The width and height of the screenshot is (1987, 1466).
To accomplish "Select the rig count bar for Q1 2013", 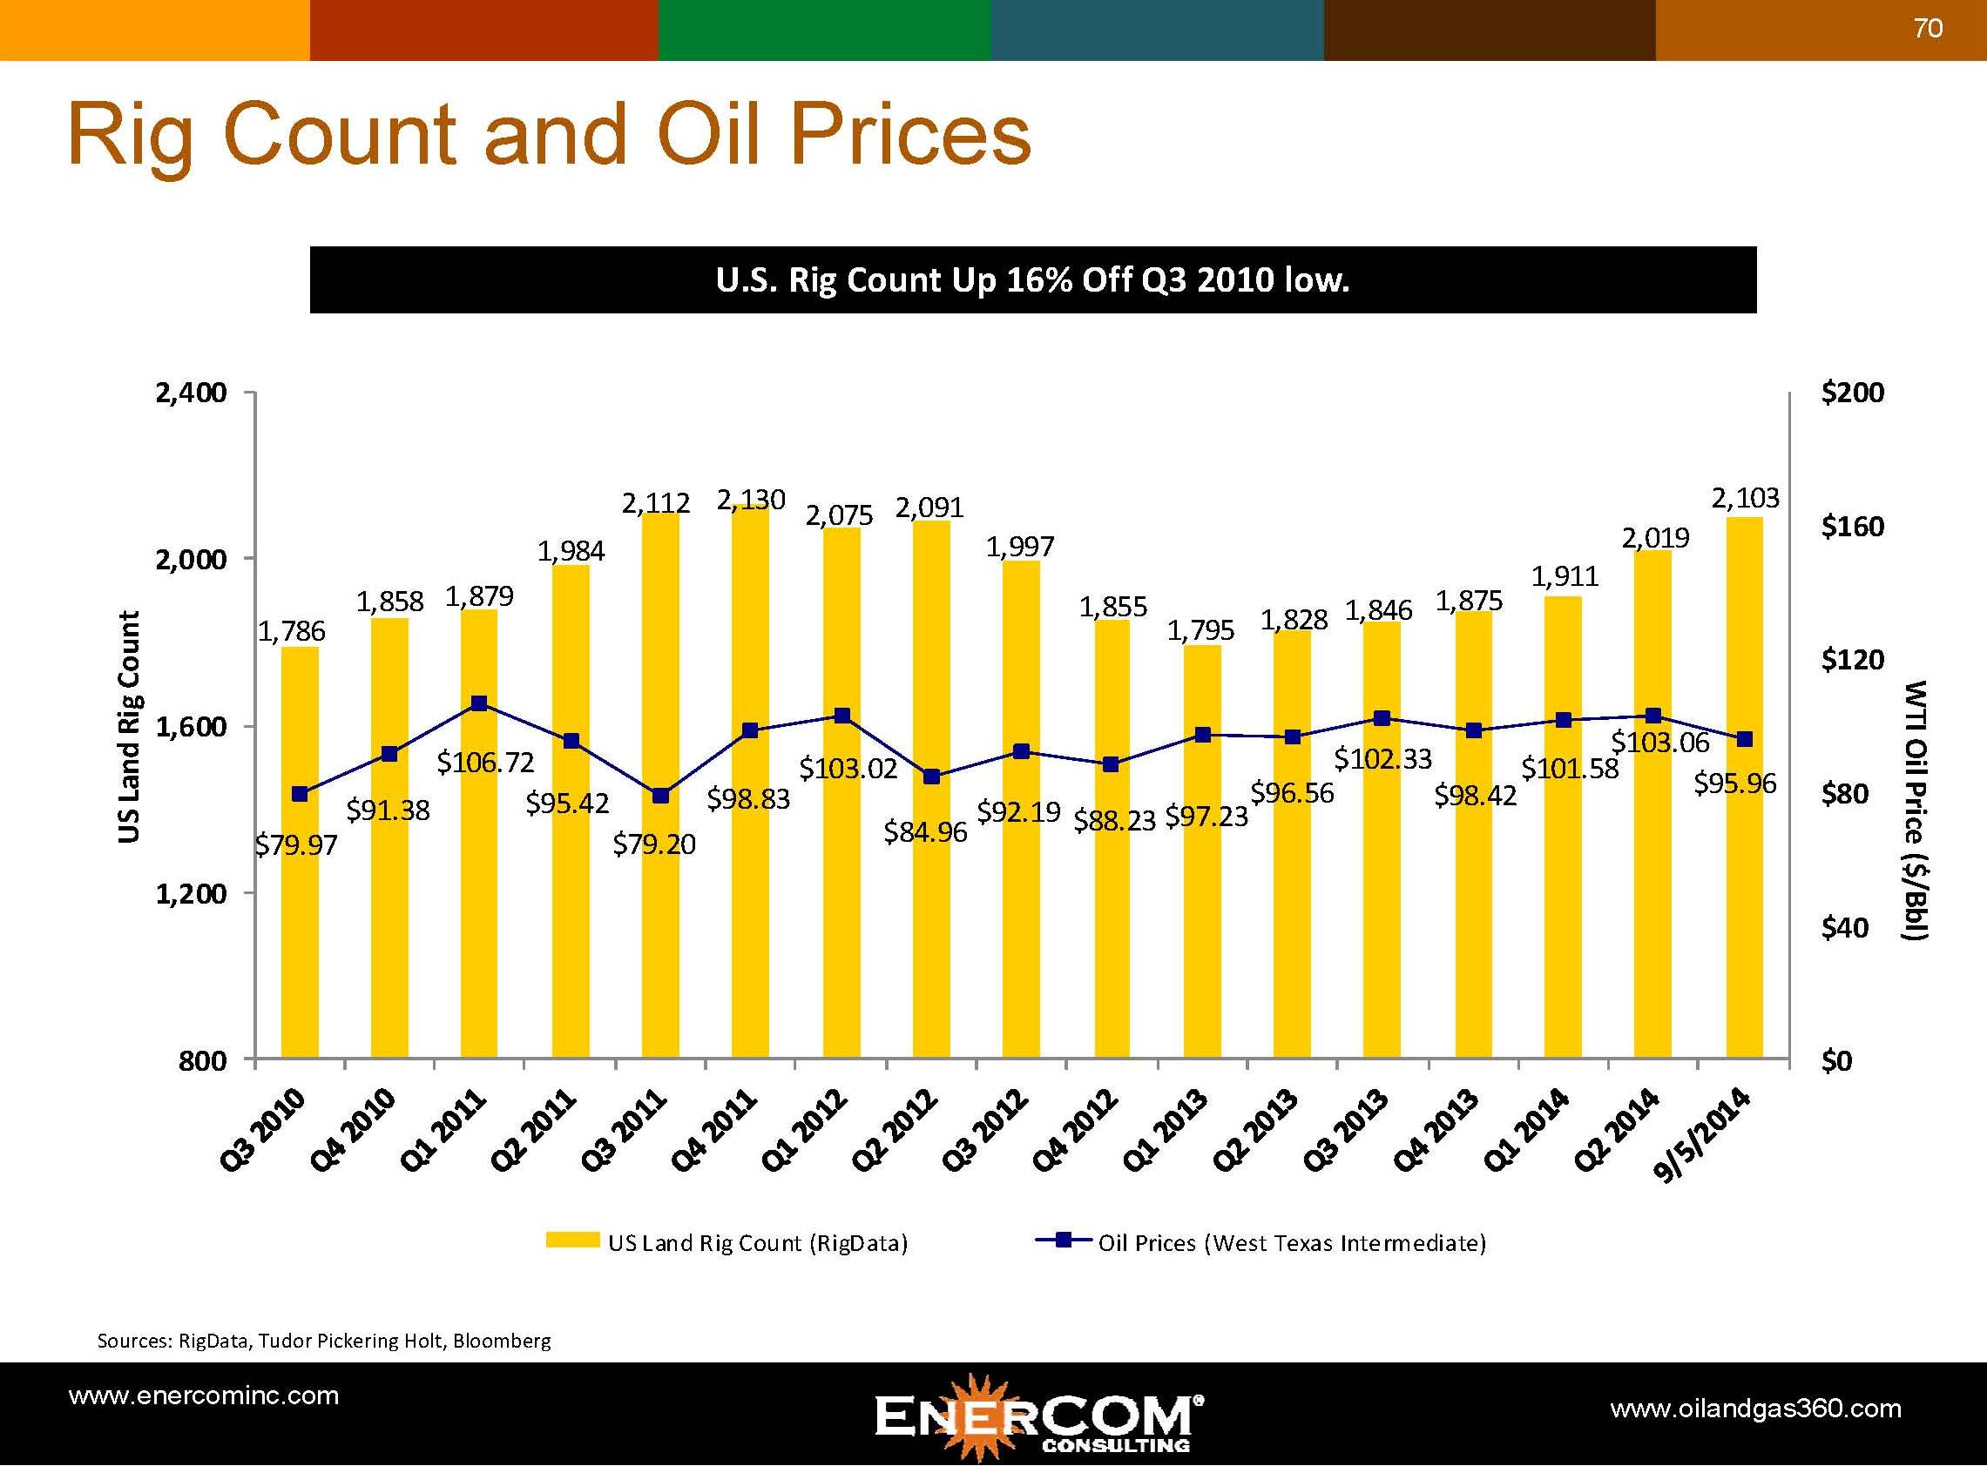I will (x=1201, y=887).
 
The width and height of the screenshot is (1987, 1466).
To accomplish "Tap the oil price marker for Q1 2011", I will (x=479, y=703).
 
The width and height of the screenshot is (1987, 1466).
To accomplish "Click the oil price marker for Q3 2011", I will (x=659, y=796).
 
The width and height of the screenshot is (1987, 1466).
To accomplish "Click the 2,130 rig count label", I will (x=751, y=501).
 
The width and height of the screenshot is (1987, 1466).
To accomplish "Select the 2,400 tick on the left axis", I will (x=191, y=393).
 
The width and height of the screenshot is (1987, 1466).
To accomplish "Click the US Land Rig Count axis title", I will (x=130, y=726).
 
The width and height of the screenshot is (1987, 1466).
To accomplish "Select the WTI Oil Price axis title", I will (x=1916, y=810).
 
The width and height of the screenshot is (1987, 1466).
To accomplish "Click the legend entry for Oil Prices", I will (x=1291, y=1242).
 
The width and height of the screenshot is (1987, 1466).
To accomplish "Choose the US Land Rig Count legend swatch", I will (x=572, y=1241).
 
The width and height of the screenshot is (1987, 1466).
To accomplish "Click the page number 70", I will (x=1928, y=29).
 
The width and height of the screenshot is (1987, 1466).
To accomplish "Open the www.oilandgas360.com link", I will (x=1755, y=1408).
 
